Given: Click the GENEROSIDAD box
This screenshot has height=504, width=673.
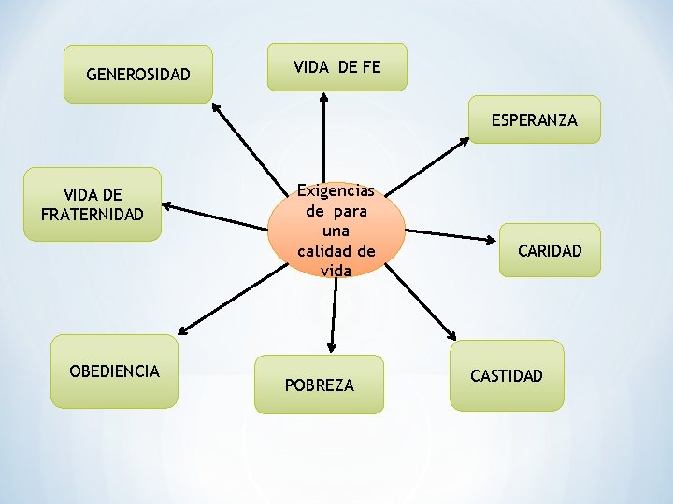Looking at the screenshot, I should tap(137, 74).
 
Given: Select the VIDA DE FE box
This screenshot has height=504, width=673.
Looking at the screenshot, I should tap(336, 67).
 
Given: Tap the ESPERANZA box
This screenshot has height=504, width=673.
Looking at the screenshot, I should tap(535, 119).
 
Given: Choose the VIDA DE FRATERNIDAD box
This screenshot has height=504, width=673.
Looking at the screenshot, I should tap(93, 204).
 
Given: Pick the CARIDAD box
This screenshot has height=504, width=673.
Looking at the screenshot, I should tap(550, 250).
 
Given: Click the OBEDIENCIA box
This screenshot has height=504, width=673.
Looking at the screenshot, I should tap(114, 371).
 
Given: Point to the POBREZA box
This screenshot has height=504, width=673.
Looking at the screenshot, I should tap(320, 385).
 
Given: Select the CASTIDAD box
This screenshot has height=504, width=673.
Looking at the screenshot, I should tap(507, 375).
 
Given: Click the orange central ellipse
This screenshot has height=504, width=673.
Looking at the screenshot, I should tap(336, 230).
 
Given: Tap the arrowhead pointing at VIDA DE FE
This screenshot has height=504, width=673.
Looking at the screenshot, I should tap(323, 95).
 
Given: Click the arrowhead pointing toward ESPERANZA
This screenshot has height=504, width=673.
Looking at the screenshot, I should tap(465, 142).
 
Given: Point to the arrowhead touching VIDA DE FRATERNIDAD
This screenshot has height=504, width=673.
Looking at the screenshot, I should tap(168, 209).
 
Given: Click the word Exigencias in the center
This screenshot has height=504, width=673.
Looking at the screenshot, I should tap(336, 190).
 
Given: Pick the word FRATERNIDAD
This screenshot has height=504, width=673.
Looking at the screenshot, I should tap(93, 214).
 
